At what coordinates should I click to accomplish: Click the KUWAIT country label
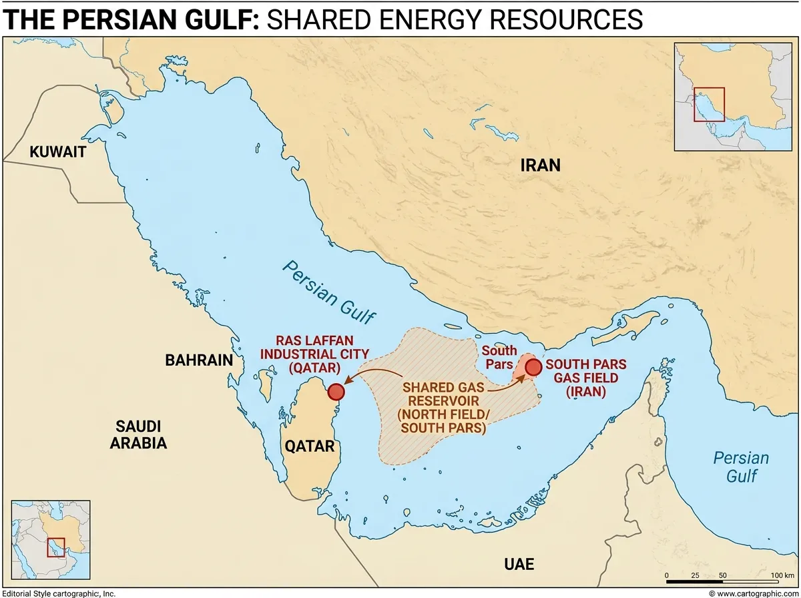[58, 152]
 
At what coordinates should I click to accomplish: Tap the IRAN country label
[540, 165]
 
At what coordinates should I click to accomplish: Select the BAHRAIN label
[199, 361]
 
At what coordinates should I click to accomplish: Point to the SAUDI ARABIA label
[140, 434]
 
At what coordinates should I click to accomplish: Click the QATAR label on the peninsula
[310, 446]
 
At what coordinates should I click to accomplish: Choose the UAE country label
[519, 565]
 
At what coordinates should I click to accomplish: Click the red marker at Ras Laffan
[335, 392]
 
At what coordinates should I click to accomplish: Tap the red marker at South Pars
[533, 366]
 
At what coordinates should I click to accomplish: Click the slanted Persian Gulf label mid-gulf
[329, 292]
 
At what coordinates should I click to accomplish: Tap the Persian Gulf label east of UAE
[740, 467]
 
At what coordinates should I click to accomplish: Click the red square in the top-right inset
[709, 105]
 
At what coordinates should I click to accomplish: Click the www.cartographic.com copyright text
[752, 593]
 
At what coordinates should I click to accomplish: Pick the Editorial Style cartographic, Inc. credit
[59, 593]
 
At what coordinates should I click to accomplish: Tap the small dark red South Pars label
[499, 357]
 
